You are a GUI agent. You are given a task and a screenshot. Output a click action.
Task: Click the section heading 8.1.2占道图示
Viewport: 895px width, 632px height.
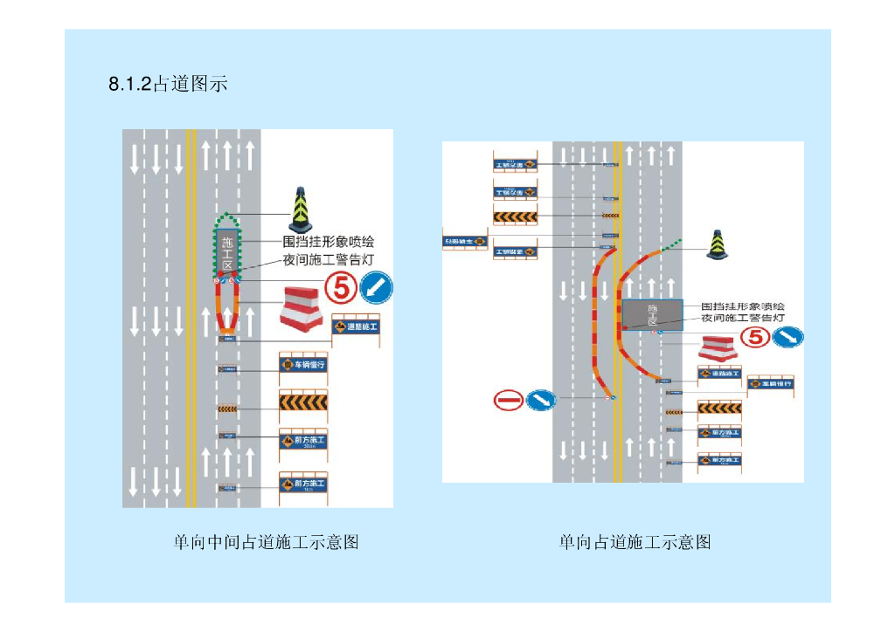(x=169, y=85)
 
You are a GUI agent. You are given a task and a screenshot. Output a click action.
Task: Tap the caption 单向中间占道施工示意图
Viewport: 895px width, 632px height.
(x=267, y=543)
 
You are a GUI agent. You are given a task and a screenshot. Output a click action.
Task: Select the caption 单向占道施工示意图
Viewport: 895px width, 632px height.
(x=635, y=543)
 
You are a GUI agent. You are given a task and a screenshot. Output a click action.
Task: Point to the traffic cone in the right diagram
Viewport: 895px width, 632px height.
(x=718, y=245)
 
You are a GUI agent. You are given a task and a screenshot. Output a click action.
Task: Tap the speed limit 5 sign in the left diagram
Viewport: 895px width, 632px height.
(x=341, y=285)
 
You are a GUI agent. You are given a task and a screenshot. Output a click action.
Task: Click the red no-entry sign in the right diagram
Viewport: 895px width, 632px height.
(x=509, y=400)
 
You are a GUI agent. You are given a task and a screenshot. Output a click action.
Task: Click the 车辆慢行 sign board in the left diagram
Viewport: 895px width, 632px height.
(x=303, y=364)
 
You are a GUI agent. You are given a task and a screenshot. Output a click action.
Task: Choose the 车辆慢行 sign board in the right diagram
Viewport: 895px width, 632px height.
(x=771, y=382)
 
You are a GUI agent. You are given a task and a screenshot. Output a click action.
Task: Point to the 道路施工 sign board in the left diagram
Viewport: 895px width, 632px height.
(x=356, y=327)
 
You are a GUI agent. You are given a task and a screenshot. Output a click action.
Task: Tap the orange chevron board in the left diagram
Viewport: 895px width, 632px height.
(x=303, y=402)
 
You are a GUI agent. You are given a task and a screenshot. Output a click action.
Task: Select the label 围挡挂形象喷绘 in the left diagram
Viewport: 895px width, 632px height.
(x=328, y=242)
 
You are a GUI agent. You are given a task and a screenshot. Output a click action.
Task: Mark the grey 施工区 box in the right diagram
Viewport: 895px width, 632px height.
(x=652, y=314)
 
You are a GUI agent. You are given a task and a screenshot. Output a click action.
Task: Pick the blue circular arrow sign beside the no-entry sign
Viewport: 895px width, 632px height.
(x=541, y=400)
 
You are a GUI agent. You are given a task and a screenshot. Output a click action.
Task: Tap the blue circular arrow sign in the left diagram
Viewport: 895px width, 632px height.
(x=377, y=285)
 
